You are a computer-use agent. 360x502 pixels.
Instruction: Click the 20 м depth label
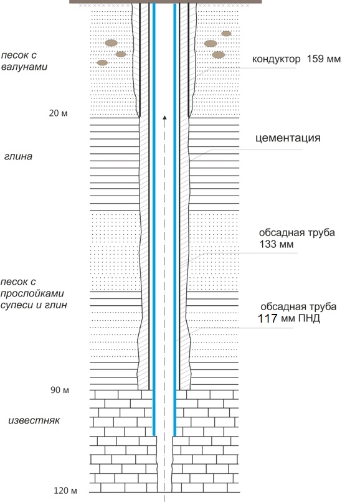(59, 113)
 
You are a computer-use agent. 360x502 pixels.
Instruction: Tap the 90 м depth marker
(60, 390)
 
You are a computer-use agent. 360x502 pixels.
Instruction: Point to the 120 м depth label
(65, 490)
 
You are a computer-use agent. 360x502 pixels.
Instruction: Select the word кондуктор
(276, 59)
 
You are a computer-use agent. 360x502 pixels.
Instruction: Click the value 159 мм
(323, 59)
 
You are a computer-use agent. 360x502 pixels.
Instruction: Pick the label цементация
(288, 138)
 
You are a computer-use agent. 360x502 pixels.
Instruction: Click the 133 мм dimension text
(277, 244)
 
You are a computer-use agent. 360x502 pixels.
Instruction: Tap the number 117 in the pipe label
(267, 318)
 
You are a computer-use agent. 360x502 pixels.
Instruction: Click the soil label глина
(18, 156)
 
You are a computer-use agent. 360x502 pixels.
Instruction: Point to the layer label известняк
(34, 420)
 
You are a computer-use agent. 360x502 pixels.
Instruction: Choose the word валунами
(24, 67)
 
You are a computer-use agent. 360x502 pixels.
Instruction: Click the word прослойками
(32, 293)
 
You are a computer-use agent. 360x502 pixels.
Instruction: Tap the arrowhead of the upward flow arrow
(164, 118)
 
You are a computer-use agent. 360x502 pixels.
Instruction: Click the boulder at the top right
(226, 34)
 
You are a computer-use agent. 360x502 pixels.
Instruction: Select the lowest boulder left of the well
(103, 63)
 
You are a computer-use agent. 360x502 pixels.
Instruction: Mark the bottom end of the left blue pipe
(154, 435)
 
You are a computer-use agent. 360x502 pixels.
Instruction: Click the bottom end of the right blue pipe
(174, 435)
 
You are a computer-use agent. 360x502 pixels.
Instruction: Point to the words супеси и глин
(34, 305)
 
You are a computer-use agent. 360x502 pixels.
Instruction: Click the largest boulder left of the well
(111, 43)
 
